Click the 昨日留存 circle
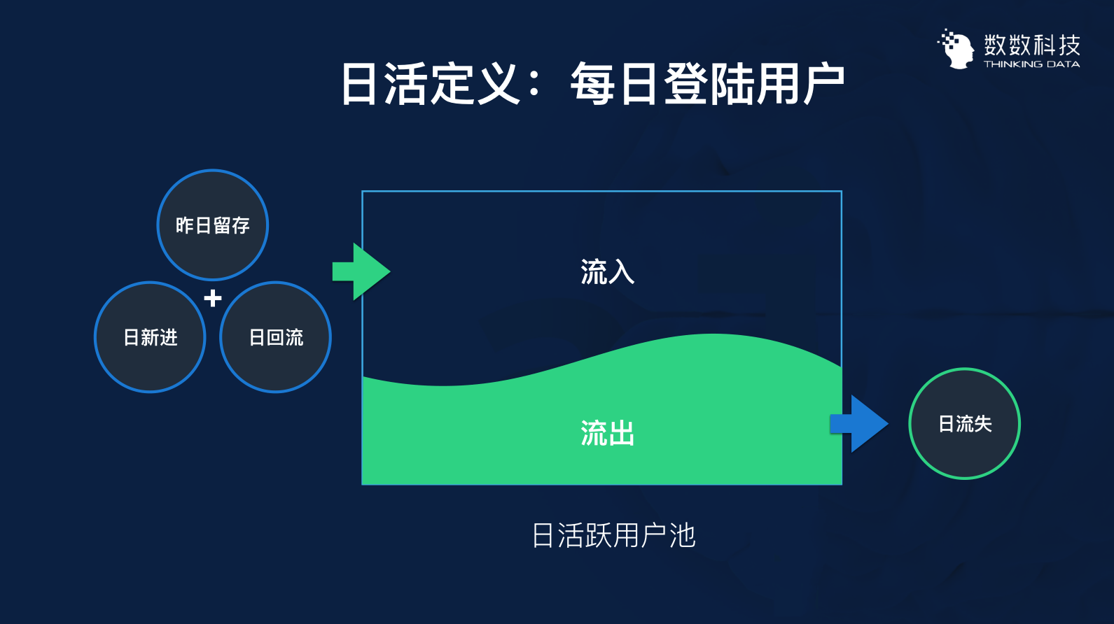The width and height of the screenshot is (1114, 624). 213,225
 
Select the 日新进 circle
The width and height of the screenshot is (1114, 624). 150,337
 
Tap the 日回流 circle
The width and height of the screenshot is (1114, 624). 276,337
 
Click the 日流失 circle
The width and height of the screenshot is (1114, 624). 964,424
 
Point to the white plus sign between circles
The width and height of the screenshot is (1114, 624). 213,299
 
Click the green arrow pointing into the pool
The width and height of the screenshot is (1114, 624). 361,271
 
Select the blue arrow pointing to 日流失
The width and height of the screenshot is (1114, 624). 859,424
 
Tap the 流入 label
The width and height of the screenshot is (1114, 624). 607,272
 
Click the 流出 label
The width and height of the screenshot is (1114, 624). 607,434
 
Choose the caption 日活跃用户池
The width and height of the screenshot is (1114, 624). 613,536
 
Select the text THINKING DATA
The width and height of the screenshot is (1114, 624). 1031,64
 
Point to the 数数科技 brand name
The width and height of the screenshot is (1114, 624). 1032,45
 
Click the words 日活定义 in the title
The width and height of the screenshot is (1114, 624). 429,85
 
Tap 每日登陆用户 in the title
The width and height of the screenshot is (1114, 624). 707,85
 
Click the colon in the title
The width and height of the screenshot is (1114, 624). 534,85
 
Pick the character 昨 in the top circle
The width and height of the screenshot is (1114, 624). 185,225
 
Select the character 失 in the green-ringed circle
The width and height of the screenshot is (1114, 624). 983,424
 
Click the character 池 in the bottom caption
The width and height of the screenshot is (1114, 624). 682,536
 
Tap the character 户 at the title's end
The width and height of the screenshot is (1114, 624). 823,85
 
